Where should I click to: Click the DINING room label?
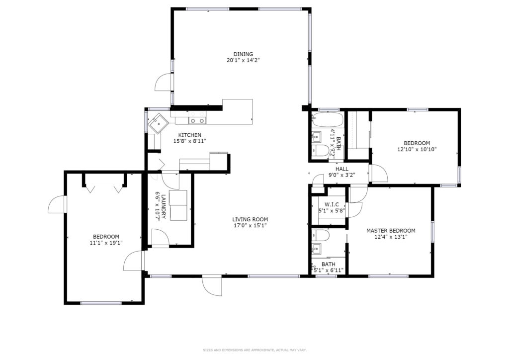(x=243, y=54)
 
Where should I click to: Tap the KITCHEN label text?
(x=189, y=135)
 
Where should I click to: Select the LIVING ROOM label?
(x=250, y=219)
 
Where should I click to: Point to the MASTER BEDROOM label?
(x=391, y=231)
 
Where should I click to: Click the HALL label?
(x=342, y=169)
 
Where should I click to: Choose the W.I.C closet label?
(x=332, y=204)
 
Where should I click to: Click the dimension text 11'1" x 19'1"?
(x=106, y=243)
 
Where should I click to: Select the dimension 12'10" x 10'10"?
(x=417, y=149)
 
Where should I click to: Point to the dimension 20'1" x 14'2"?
(x=243, y=60)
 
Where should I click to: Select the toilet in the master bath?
(x=321, y=234)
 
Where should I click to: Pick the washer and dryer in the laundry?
(x=178, y=205)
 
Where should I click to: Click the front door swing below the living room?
(x=212, y=286)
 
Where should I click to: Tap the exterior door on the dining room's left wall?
(x=164, y=83)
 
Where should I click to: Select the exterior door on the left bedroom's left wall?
(x=57, y=204)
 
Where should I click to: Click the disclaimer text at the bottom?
(x=255, y=350)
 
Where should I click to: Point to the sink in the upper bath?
(x=316, y=137)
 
